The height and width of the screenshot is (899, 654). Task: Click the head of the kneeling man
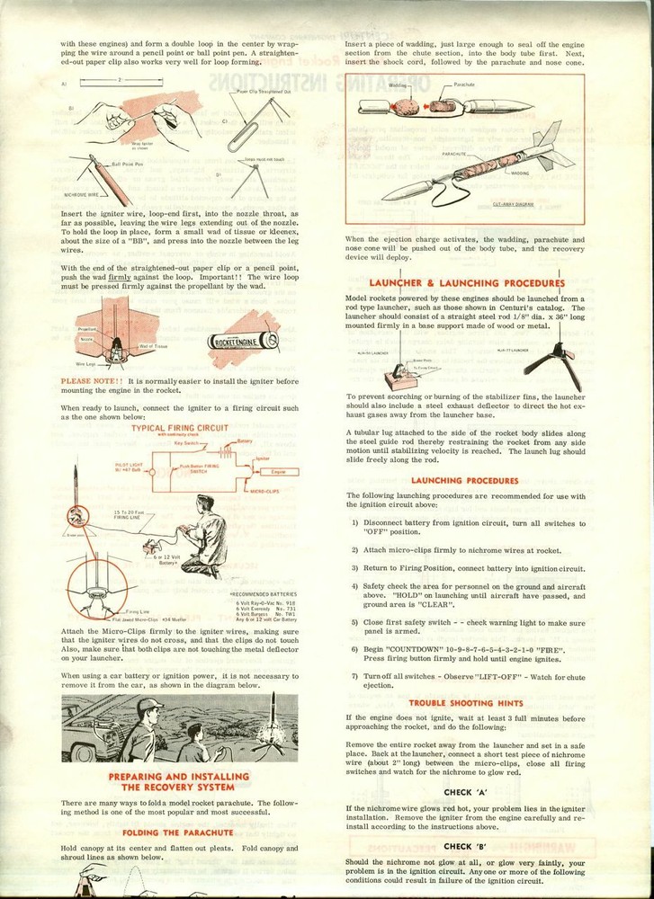click(x=204, y=504)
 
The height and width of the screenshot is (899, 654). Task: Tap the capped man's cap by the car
click(x=150, y=705)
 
